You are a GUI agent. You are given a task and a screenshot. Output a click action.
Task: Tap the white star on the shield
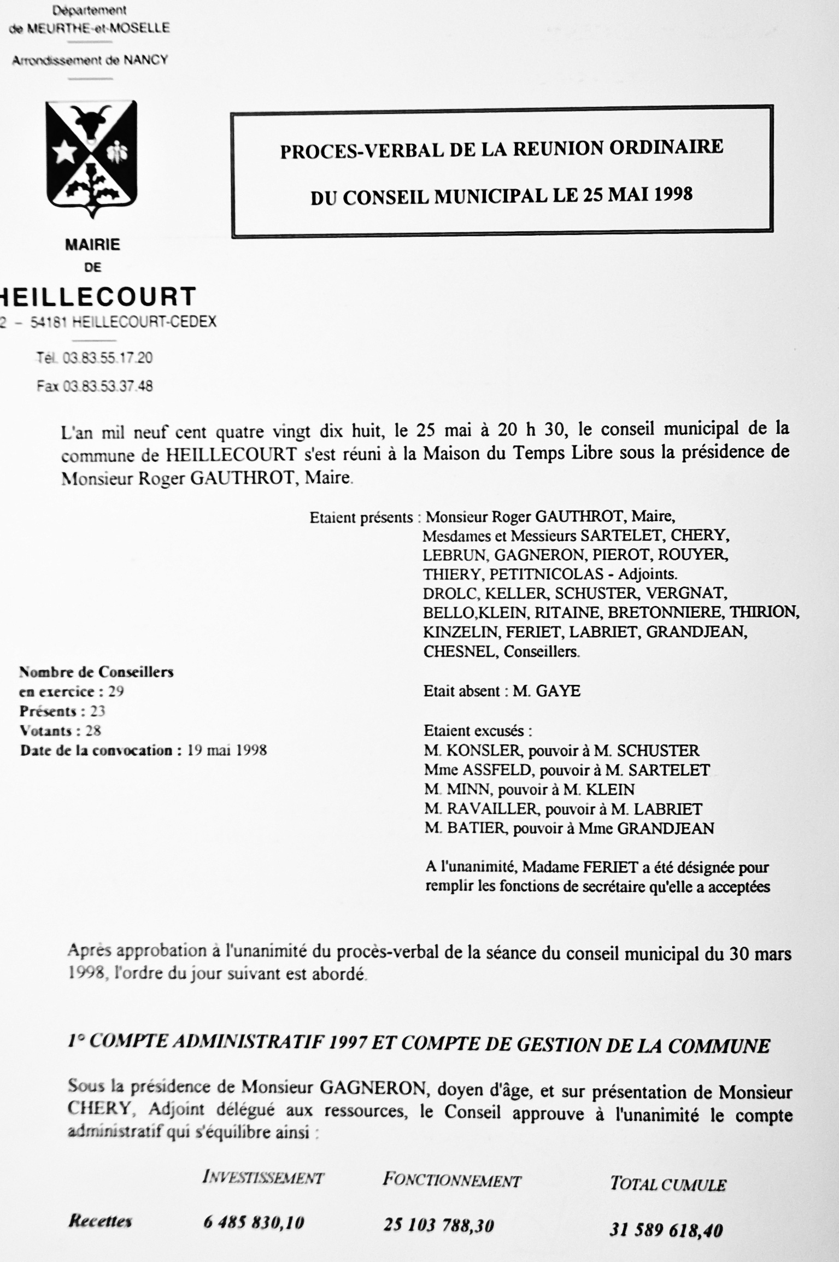click(x=65, y=151)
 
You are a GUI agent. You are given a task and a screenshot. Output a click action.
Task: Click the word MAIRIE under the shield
click(x=92, y=244)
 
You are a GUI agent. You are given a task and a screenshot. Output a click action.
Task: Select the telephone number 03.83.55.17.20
click(x=108, y=358)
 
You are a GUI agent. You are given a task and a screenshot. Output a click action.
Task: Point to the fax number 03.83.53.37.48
click(x=108, y=386)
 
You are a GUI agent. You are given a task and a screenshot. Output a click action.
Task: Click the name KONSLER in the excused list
click(x=480, y=750)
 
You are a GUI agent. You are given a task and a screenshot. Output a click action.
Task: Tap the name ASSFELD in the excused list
click(x=497, y=770)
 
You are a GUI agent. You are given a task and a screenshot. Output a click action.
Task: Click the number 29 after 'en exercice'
click(x=116, y=691)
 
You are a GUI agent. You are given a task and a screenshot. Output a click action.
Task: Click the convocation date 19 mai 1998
click(x=227, y=750)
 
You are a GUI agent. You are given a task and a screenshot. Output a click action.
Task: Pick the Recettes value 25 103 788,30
click(x=438, y=1225)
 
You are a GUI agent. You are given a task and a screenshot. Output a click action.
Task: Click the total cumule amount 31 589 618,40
click(x=666, y=1230)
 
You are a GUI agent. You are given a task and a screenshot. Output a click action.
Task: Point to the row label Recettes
click(x=100, y=1221)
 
